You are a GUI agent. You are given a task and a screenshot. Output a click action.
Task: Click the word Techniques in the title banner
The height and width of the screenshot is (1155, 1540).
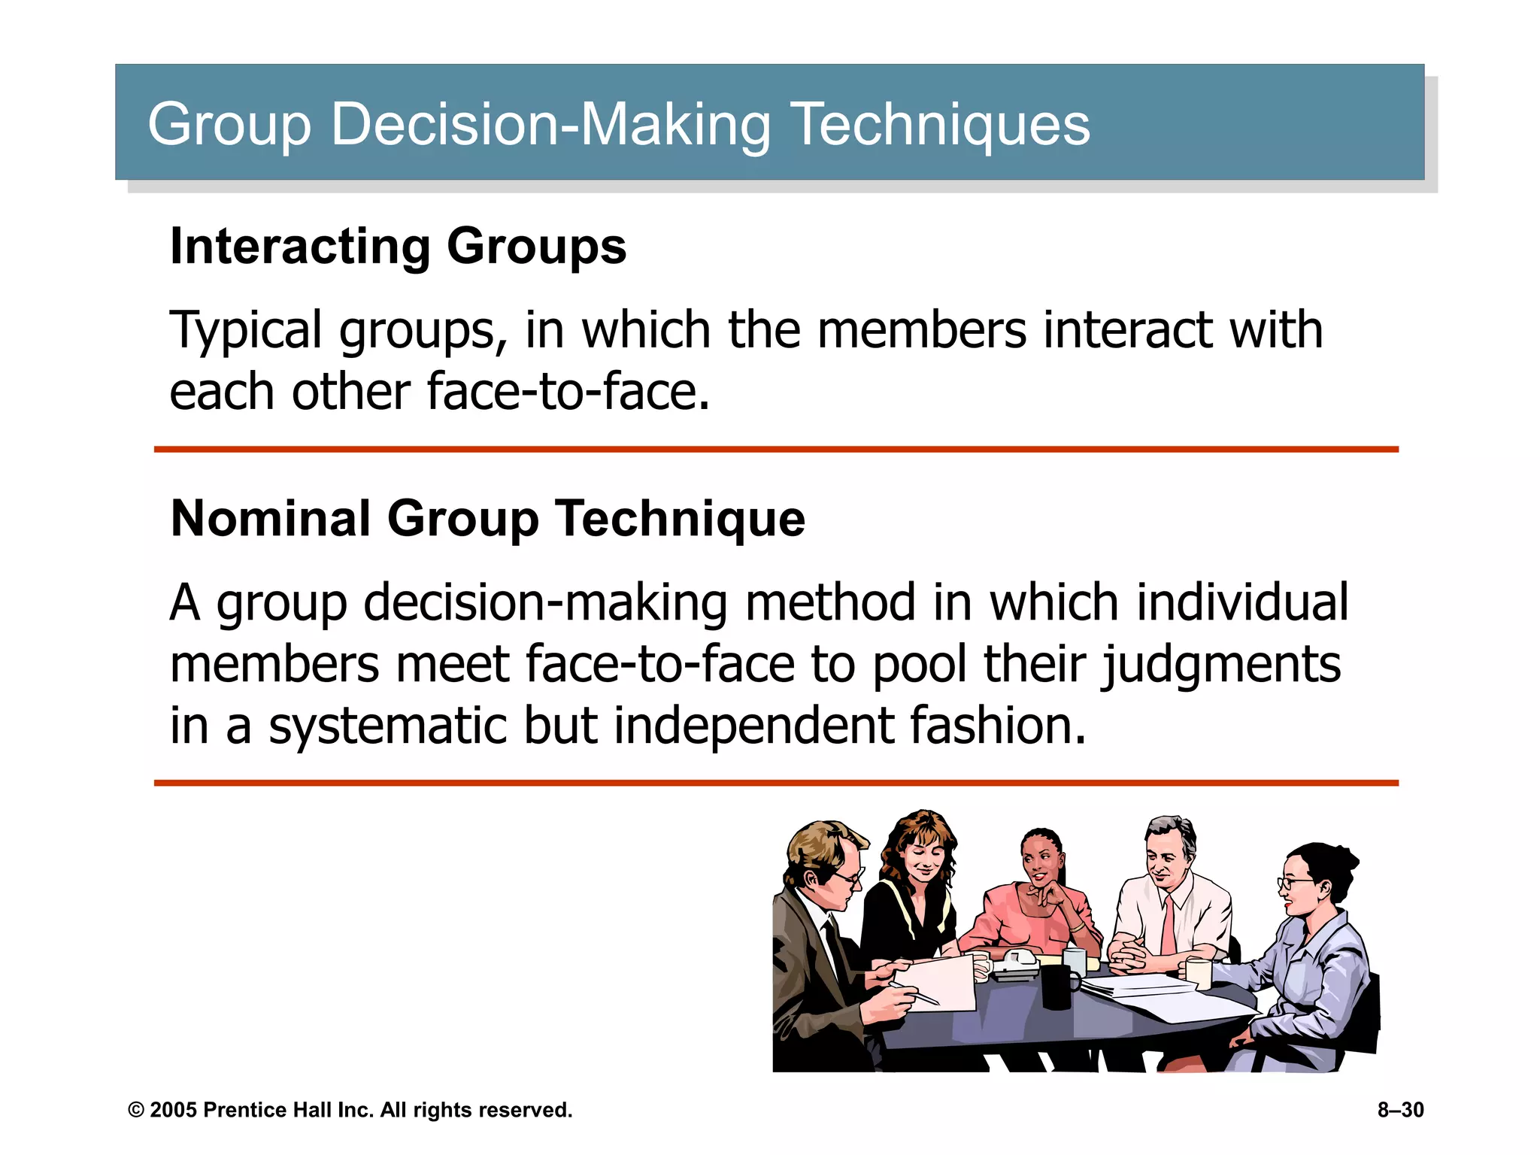[x=940, y=124]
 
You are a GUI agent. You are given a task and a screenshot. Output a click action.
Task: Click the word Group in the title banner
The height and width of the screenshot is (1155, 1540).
[x=229, y=124]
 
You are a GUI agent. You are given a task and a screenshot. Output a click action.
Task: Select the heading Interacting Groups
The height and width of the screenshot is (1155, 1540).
[x=398, y=247]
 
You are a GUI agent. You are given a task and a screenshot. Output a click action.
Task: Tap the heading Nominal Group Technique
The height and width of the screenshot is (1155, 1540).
[x=487, y=519]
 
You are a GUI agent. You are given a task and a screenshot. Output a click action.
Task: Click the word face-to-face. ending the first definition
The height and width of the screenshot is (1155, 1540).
[x=568, y=393]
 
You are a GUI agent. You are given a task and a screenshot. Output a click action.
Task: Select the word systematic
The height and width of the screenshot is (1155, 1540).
[x=388, y=726]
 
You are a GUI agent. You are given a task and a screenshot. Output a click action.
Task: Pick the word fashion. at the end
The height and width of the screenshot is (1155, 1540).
[x=998, y=726]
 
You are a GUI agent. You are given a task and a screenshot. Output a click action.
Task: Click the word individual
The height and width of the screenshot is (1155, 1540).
[x=1242, y=603]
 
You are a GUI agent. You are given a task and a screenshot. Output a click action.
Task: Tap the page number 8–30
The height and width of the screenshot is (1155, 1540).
[x=1400, y=1110]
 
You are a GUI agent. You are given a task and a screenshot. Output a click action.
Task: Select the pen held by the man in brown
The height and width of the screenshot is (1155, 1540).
[x=915, y=994]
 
